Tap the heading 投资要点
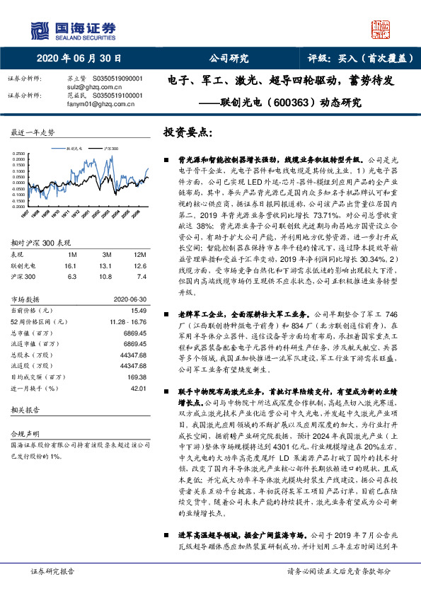point(187,132)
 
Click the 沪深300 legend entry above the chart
point(111,149)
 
